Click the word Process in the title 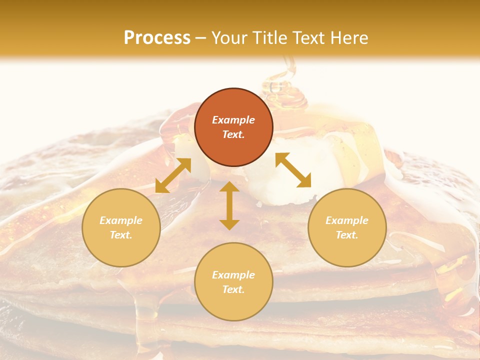157,38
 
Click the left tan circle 121,227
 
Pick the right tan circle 347,227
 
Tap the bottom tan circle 233,282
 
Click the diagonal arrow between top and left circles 173,175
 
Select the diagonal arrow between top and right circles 293,170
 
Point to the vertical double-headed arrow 229,205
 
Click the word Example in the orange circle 233,120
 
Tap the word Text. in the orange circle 233,134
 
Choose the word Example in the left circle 121,220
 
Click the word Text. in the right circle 347,235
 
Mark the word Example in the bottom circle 233,275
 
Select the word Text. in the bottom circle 233,289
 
